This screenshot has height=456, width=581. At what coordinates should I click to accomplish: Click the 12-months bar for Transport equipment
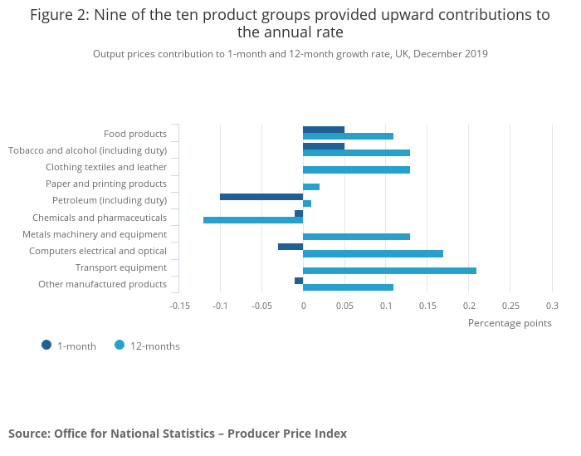pyautogui.click(x=389, y=271)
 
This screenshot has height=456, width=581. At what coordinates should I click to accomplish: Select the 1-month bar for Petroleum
pyautogui.click(x=261, y=197)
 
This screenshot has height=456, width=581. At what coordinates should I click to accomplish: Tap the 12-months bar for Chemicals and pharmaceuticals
pyautogui.click(x=253, y=220)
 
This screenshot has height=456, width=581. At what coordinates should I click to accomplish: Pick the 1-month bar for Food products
pyautogui.click(x=324, y=130)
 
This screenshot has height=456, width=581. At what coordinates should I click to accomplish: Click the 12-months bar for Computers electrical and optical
pyautogui.click(x=373, y=253)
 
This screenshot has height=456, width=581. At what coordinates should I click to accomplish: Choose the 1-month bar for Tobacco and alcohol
pyautogui.click(x=324, y=146)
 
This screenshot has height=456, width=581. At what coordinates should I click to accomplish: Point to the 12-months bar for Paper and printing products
pyautogui.click(x=311, y=187)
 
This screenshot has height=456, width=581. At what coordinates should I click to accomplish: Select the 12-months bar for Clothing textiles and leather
pyautogui.click(x=356, y=169)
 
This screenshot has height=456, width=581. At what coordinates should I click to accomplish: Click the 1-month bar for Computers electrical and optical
pyautogui.click(x=290, y=247)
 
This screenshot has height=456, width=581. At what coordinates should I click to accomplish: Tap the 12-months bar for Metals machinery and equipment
pyautogui.click(x=356, y=237)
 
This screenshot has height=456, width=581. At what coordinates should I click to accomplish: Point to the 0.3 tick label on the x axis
pyautogui.click(x=552, y=306)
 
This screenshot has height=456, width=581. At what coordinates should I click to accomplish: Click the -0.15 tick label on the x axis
pyautogui.click(x=180, y=306)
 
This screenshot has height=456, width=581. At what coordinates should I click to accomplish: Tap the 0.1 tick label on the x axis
pyautogui.click(x=386, y=306)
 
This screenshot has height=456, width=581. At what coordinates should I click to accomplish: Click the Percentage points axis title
pyautogui.click(x=510, y=322)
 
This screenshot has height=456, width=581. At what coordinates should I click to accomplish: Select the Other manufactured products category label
pyautogui.click(x=102, y=284)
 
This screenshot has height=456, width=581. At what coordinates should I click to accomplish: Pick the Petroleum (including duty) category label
pyautogui.click(x=110, y=200)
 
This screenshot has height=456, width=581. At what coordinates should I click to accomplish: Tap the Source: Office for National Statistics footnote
pyautogui.click(x=178, y=434)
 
